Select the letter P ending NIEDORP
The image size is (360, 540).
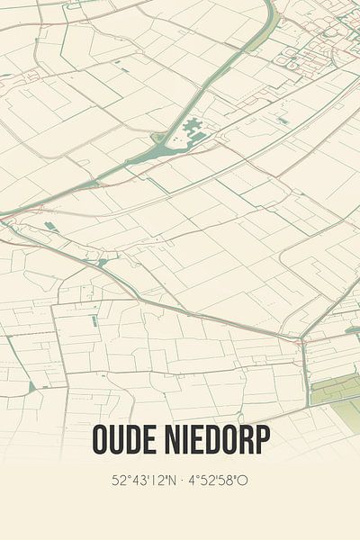261,440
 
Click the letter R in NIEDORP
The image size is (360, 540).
242,440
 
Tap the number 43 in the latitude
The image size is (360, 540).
136,481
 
